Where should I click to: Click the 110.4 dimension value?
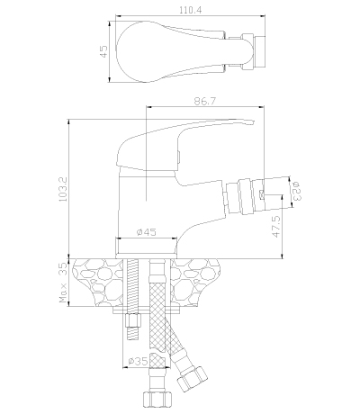(191, 10)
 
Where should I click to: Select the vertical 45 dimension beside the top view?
(103, 51)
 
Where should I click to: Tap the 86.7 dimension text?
(204, 101)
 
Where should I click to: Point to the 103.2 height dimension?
(63, 189)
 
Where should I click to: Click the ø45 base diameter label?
(147, 232)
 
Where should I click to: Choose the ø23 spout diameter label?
(296, 191)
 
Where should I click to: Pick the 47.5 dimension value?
(276, 227)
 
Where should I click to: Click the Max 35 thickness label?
(64, 283)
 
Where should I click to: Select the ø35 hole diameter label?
(138, 361)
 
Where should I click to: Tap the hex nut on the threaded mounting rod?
(133, 320)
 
